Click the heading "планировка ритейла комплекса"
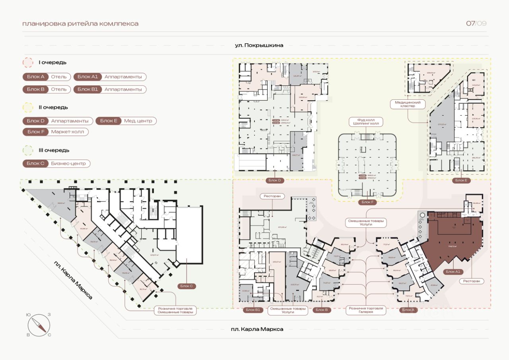pyautogui.click(x=80, y=23)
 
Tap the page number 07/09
pyautogui.click(x=476, y=23)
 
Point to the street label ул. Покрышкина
pyautogui.click(x=259, y=45)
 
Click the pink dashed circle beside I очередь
pyautogui.click(x=28, y=63)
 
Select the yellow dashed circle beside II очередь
pyautogui.click(x=28, y=107)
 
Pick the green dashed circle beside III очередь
pyautogui.click(x=28, y=150)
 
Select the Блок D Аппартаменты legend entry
pyautogui.click(x=58, y=121)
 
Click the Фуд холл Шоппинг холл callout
pyautogui.click(x=366, y=122)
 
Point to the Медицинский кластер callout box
pyautogui.click(x=408, y=104)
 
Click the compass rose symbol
pyautogui.click(x=39, y=324)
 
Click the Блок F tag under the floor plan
pyautogui.click(x=366, y=202)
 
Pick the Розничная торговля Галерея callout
pyautogui.click(x=366, y=310)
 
